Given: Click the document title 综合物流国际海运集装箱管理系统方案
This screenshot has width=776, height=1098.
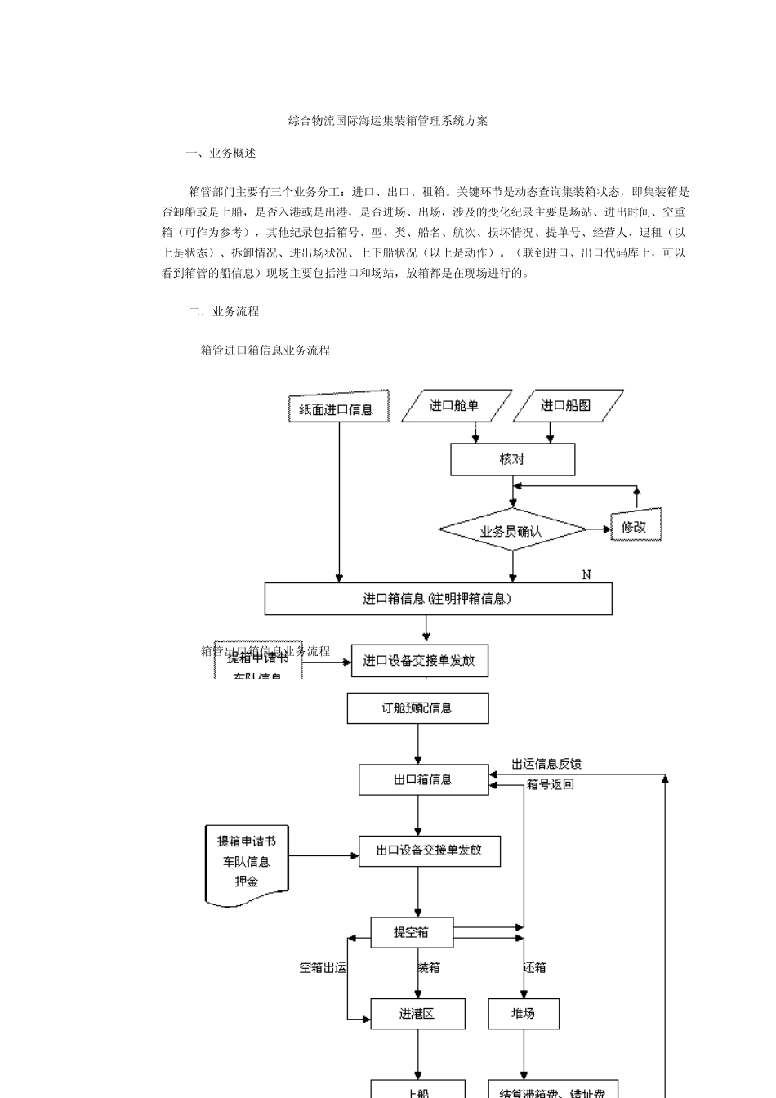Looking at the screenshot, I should pos(388,121).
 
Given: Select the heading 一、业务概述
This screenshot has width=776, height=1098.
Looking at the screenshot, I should pos(221,153).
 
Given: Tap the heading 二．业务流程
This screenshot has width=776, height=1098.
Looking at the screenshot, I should pos(224,311).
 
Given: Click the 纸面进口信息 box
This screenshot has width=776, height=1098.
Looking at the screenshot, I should pos(337,408).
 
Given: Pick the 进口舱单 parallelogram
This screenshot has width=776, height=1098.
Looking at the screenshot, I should pos(455,405).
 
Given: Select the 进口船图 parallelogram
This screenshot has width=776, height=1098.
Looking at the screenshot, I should pos(566,405).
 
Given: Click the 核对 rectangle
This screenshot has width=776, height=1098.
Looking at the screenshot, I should pos(512,459).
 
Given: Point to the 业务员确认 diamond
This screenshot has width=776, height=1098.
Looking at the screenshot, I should pos(511,531).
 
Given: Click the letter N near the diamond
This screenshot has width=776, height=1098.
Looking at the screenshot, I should pos(586,575).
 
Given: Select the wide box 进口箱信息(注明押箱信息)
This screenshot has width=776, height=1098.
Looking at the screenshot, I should pos(438,599).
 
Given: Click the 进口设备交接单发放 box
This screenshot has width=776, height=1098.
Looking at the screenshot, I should pos(419,660).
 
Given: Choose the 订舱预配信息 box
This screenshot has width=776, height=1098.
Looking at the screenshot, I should pos(417,707).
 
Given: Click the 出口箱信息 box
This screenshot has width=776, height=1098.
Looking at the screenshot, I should pos(423,779).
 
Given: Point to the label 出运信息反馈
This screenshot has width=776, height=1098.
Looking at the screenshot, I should pos(546,764).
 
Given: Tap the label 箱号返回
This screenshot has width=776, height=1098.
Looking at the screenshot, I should pos(550,784).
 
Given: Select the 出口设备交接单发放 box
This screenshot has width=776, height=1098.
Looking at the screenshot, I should pos(429,850).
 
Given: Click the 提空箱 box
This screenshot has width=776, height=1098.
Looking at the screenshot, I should pos(412,932).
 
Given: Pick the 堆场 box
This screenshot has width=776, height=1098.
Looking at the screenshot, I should pos(524,1014).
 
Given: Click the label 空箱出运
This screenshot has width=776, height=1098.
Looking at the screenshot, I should pos(323,967).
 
